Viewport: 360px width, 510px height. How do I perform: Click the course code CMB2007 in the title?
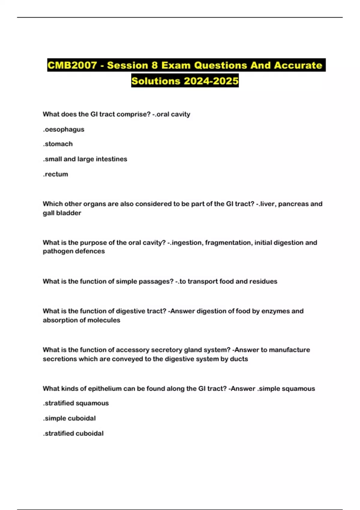[x=72, y=65]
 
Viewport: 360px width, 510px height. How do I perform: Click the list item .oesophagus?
[x=64, y=129]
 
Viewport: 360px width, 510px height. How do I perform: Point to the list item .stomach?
[x=58, y=144]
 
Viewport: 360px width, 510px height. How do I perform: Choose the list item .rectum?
[x=55, y=174]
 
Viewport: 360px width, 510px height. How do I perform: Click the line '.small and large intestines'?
[x=85, y=159]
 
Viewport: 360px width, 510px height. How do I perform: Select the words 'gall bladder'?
[x=62, y=213]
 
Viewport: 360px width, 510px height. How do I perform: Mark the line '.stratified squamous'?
[x=76, y=403]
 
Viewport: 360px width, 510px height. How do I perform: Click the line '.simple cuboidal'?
[x=69, y=418]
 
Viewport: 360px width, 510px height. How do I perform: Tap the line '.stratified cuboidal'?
[x=73, y=433]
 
